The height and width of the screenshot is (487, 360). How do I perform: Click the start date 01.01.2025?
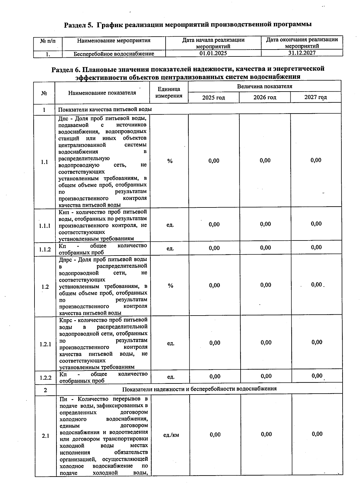tap(213, 53)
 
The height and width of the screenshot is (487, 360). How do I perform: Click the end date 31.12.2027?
tap(301, 53)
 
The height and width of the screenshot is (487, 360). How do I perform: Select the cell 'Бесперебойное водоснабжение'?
tap(114, 54)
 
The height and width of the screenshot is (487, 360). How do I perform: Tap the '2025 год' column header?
tap(213, 98)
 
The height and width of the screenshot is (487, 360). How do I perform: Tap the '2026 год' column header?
tap(265, 97)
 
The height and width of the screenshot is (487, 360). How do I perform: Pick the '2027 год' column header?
tap(316, 97)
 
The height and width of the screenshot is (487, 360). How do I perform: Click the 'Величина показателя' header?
tap(264, 86)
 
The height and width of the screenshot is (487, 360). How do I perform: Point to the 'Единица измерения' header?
tap(169, 92)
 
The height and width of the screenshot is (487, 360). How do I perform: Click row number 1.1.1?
tap(45, 226)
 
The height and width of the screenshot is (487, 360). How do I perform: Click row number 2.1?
tap(45, 436)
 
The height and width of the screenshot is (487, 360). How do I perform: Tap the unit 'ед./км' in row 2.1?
tap(171, 435)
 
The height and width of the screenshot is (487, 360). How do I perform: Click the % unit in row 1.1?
tap(170, 161)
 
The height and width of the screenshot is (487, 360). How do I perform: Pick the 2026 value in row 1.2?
tap(265, 285)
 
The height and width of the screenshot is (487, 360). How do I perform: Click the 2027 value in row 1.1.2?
tap(316, 247)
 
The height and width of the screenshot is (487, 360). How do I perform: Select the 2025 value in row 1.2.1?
tap(215, 343)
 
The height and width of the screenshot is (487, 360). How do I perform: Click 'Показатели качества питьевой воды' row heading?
tap(105, 109)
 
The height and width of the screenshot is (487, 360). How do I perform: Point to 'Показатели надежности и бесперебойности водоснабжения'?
tap(199, 389)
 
